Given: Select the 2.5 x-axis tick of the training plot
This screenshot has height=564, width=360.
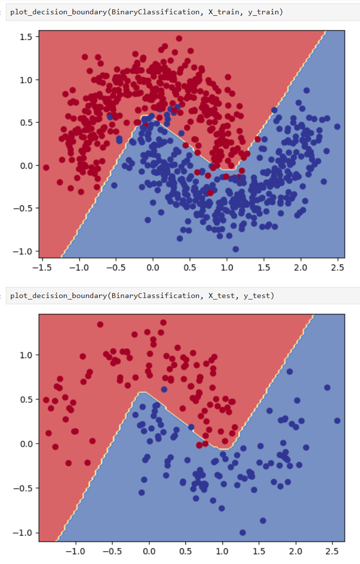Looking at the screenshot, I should (337, 268).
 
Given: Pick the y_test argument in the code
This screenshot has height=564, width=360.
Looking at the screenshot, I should (259, 296).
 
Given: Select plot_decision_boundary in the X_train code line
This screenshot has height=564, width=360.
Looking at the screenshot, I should (56, 12).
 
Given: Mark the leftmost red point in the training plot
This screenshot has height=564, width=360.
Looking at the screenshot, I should (46, 168).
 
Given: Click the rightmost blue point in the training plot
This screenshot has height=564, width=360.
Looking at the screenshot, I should (337, 126).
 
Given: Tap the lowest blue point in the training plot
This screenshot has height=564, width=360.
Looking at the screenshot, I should (236, 249).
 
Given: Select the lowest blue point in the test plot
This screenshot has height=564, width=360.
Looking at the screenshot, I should (243, 532).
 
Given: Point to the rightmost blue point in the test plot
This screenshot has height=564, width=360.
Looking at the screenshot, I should (337, 421).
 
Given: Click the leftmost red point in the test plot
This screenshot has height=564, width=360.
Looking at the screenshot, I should (46, 400).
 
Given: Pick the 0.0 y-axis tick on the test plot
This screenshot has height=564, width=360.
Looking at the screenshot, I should (26, 444).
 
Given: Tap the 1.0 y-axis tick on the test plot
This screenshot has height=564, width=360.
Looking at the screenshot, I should (26, 355).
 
